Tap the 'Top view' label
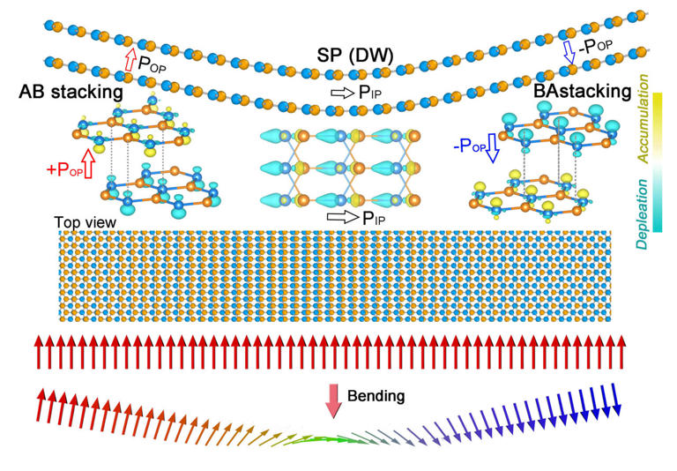85,222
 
